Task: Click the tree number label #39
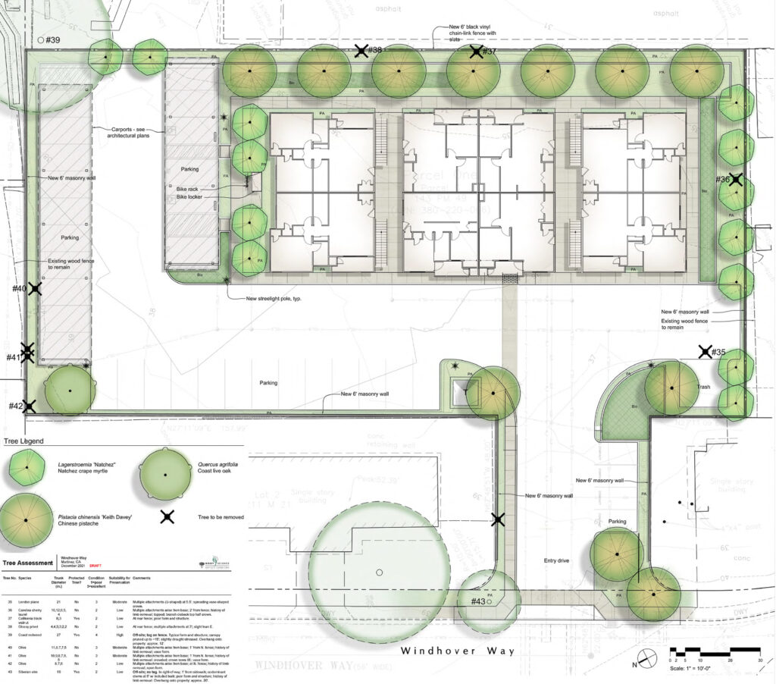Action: (x=52, y=39)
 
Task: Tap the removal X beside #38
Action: (x=361, y=51)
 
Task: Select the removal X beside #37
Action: (x=475, y=52)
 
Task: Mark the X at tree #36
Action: (x=735, y=180)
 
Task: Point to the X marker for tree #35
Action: (x=706, y=352)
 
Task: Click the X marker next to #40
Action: (x=34, y=289)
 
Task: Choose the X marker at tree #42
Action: (x=30, y=407)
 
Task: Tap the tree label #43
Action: (x=477, y=601)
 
